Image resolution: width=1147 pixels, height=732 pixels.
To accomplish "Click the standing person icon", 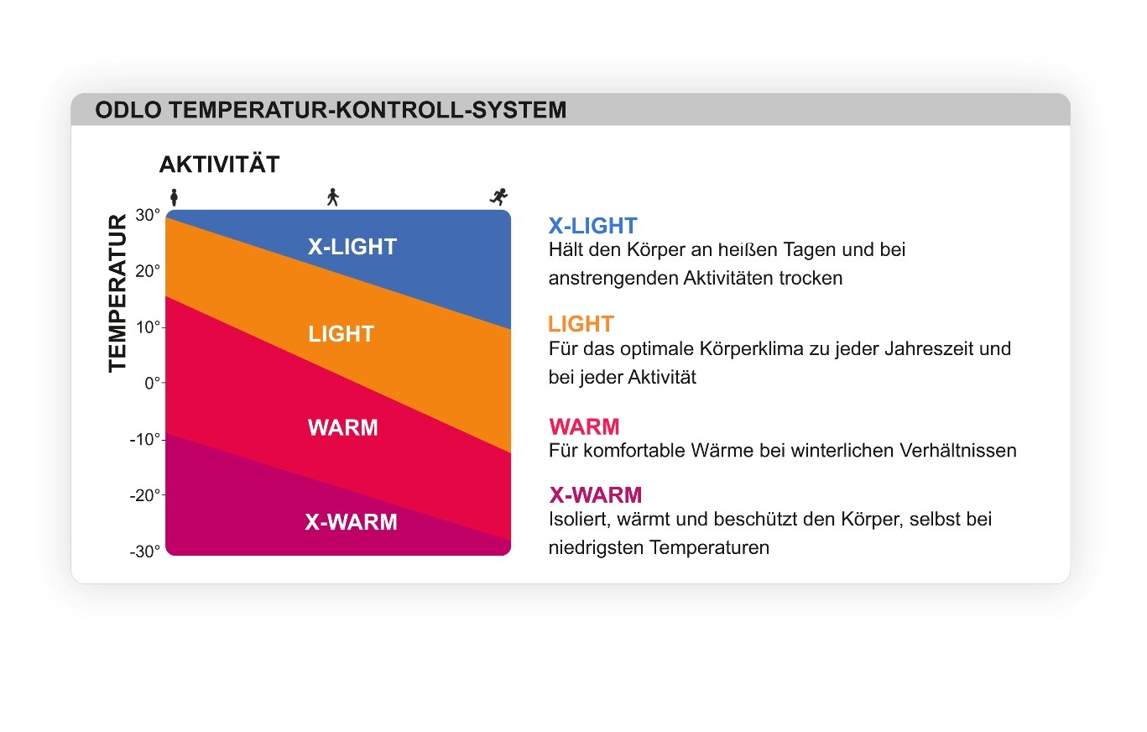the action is point(174,197).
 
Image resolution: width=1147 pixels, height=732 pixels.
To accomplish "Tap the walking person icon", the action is point(333,197).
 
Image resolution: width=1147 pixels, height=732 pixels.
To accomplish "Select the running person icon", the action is point(498,196).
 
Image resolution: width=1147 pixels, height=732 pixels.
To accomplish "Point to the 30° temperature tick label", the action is point(148,215).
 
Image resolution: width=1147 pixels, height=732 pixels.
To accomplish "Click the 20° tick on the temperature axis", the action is point(148,271).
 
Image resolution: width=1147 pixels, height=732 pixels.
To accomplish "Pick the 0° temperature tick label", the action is point(153,383).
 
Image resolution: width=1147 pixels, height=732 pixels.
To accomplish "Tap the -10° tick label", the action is point(145,440).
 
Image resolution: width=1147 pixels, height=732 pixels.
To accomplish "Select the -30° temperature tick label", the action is point(145,552).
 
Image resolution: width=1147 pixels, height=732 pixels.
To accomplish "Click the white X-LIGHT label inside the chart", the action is point(352,247).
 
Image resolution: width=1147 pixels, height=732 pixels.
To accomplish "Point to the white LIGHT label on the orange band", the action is point(341,334).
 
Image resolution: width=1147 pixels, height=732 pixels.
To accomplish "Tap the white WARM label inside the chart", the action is point(343,428).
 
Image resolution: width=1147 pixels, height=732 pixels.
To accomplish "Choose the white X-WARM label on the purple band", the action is point(352,522).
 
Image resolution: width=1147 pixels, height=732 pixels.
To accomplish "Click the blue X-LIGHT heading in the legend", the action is point(593,226).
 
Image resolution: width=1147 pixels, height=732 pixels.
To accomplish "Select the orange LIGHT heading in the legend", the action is point(581,324).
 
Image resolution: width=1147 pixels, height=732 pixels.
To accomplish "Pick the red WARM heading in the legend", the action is point(584,426).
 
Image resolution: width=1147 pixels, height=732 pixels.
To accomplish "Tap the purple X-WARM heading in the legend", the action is point(596,495).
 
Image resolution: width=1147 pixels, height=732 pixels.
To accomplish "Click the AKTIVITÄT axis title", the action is point(220,165).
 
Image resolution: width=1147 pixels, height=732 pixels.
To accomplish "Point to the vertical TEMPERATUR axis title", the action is point(117,293).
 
